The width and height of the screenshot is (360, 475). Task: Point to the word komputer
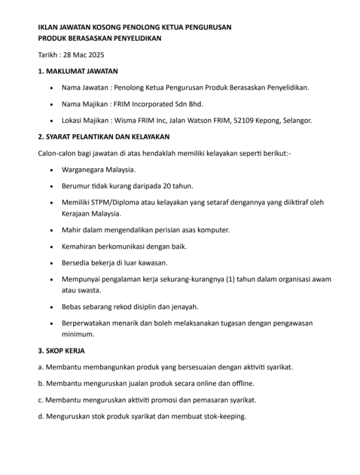(212, 230)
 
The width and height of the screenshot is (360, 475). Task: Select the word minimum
(77, 334)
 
